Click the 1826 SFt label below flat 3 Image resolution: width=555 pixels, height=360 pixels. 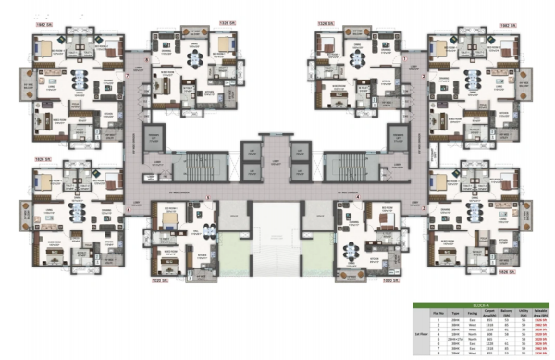point(505,272)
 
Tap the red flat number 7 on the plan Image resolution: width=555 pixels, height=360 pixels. point(127,74)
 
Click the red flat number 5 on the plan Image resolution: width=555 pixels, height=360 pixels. point(208,198)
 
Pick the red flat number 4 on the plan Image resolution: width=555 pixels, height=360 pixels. point(358,198)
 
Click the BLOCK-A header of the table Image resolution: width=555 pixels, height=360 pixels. point(481,303)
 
